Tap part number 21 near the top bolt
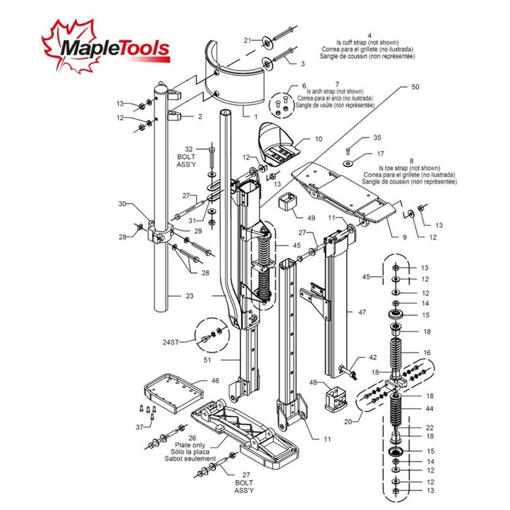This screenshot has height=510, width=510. point(247,40)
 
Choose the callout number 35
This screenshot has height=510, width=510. point(377,137)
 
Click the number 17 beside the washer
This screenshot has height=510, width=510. point(380,154)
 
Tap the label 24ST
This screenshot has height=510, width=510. point(172,341)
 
